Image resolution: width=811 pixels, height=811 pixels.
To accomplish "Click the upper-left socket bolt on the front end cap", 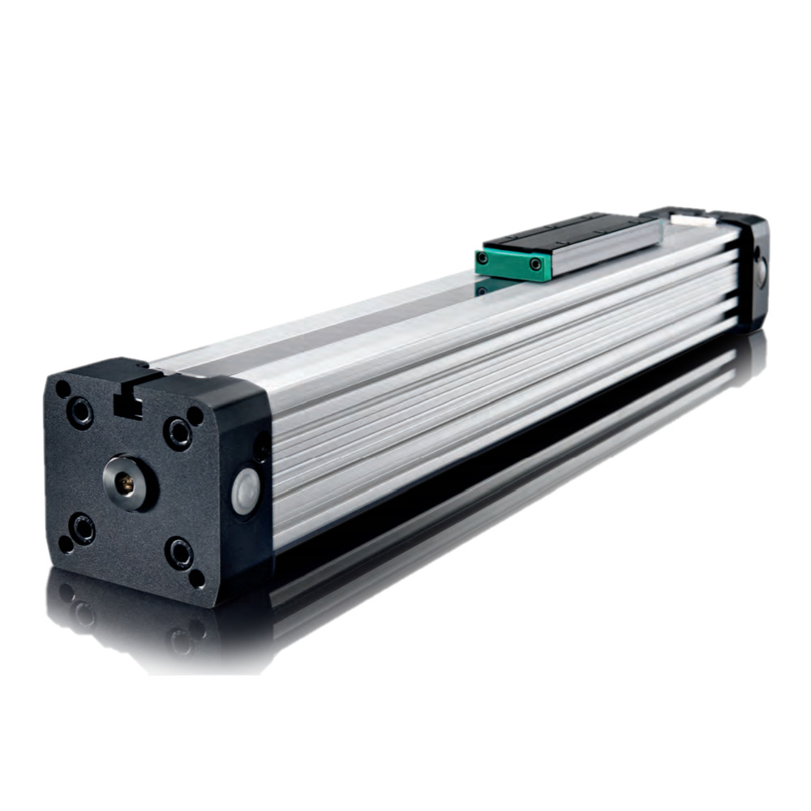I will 80,413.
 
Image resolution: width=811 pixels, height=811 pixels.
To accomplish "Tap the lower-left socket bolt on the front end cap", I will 81,530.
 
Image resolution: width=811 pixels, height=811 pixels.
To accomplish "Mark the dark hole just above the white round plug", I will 261,448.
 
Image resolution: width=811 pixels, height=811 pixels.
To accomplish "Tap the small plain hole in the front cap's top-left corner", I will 62,389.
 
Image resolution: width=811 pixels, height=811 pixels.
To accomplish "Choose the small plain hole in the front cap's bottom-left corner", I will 66,545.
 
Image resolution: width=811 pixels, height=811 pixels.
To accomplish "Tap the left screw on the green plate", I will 484,259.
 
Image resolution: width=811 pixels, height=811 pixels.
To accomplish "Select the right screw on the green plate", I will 535,264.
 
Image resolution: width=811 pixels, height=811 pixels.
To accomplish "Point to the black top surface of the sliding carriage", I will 568,230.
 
